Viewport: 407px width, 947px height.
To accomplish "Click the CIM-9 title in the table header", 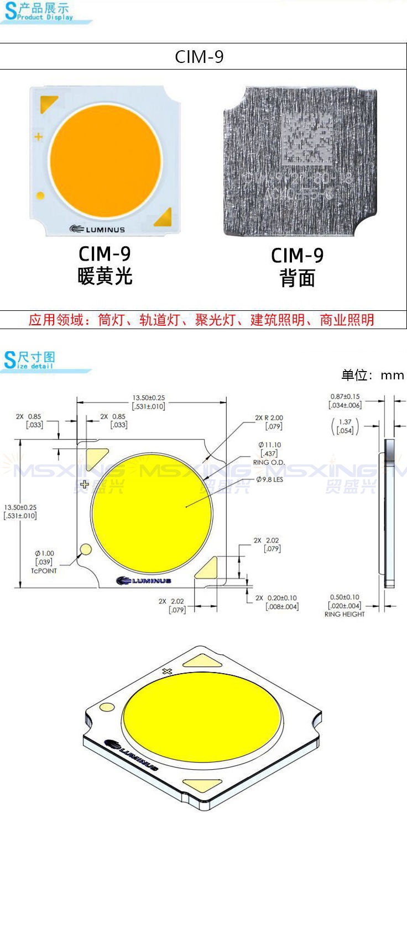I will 199,57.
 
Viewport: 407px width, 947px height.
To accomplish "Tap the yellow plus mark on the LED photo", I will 39,136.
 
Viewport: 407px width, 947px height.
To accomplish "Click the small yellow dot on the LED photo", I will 40,195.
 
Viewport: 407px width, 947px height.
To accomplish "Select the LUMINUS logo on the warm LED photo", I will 97,229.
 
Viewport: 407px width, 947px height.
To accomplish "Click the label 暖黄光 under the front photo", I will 105,276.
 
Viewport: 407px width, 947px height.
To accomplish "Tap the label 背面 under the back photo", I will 297,278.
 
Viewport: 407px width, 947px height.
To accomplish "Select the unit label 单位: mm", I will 372,375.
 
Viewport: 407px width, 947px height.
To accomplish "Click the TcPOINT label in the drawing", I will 44,570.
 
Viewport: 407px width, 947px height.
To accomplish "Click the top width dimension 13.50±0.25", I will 148,398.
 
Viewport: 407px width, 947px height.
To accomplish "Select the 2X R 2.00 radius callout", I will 269,418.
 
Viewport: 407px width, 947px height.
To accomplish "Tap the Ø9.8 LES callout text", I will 269,480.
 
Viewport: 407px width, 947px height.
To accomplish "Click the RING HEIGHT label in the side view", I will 345,614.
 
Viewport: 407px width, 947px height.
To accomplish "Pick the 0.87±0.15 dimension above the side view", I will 345,396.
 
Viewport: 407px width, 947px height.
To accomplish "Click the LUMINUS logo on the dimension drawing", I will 144,580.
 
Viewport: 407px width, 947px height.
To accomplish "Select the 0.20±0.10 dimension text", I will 281,598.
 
